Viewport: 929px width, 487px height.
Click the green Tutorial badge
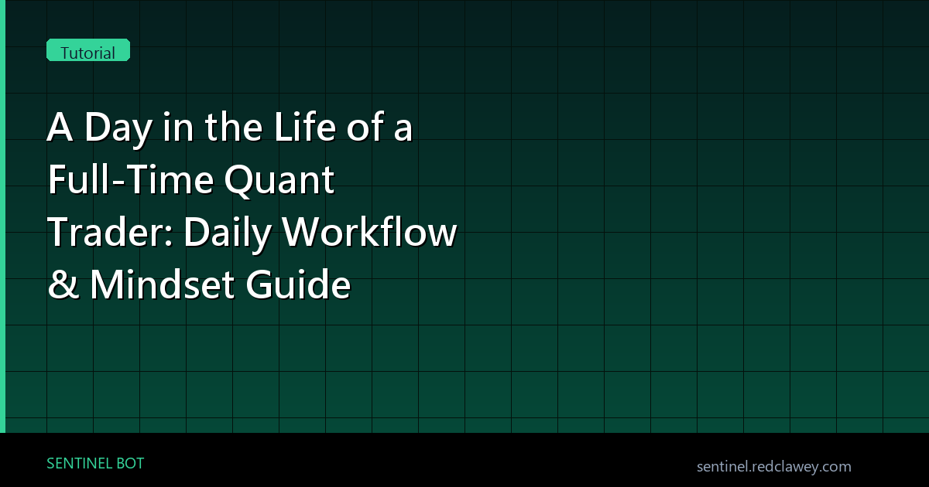tap(88, 50)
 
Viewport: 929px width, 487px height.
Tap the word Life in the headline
tap(305, 126)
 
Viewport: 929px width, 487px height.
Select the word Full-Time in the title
tap(131, 179)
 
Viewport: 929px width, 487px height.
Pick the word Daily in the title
tap(228, 234)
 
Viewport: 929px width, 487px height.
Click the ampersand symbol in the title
tap(63, 284)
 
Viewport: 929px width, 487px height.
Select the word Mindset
tap(163, 284)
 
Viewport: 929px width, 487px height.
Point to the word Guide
tap(298, 284)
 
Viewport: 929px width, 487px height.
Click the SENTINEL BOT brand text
tap(95, 463)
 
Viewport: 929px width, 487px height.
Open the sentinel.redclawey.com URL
tap(774, 467)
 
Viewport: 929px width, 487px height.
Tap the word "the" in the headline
tap(234, 126)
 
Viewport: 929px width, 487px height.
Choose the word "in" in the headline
tap(178, 127)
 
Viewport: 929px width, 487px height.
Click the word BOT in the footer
tap(130, 463)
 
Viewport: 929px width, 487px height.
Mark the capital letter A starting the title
tap(60, 127)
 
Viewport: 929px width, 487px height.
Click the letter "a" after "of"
tap(403, 130)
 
